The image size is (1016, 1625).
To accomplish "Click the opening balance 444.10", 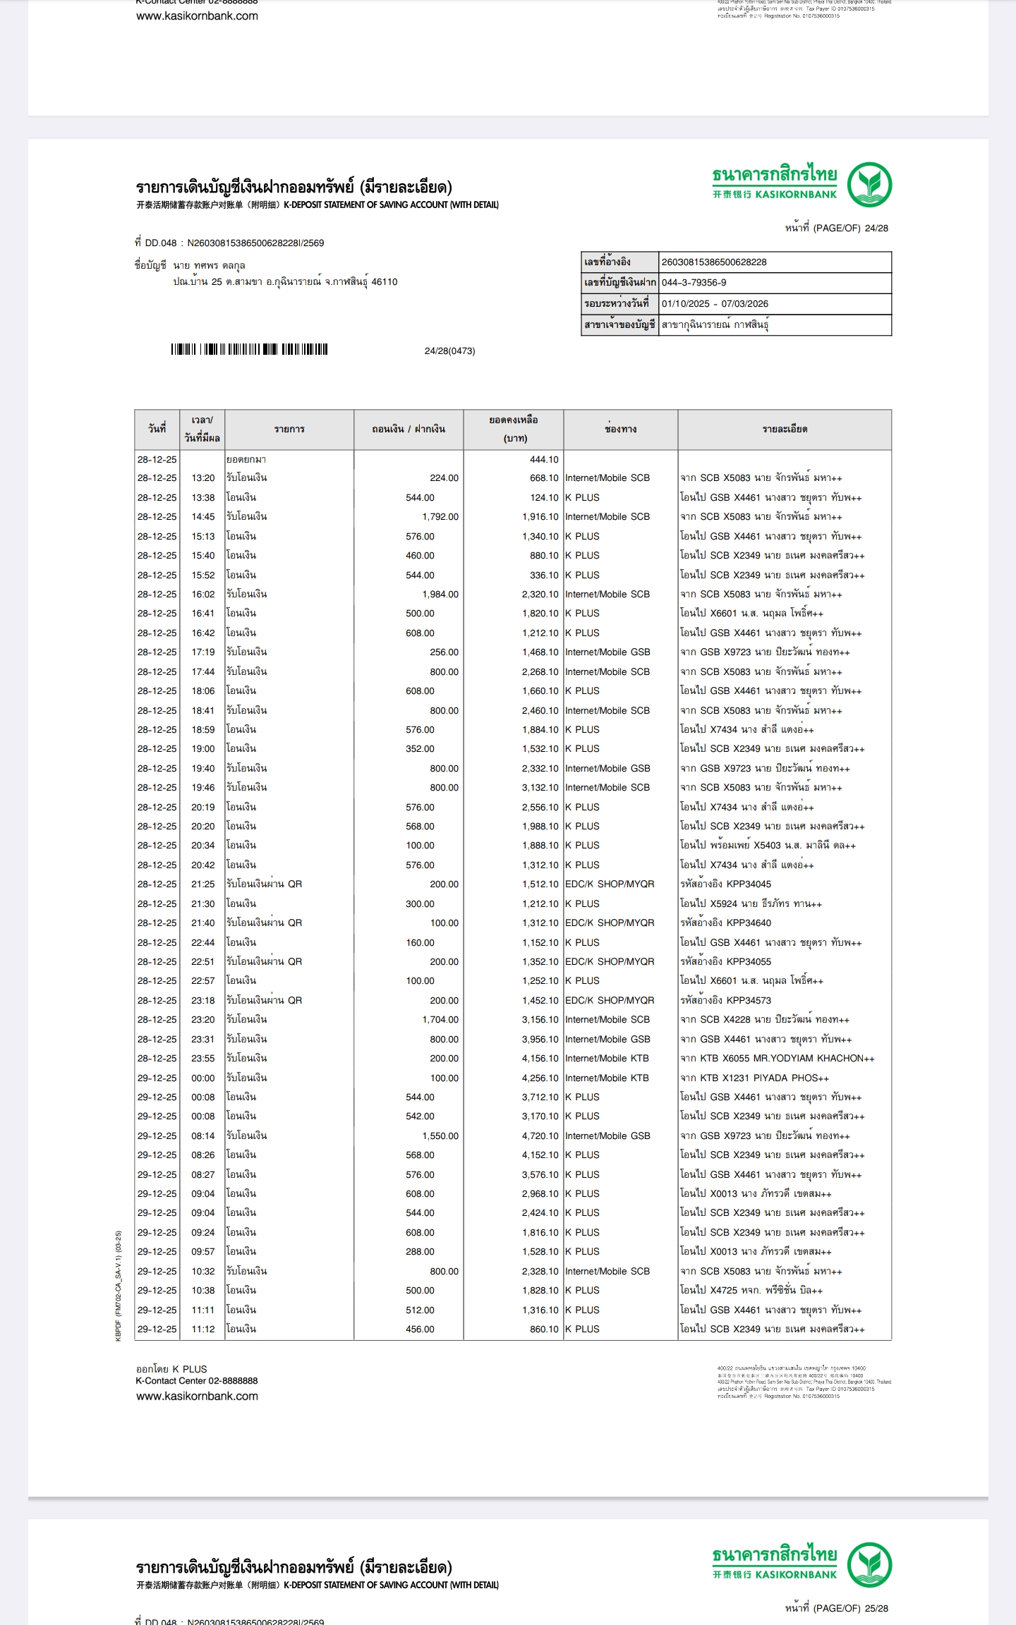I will pyautogui.click(x=543, y=459).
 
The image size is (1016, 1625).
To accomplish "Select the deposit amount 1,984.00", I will pyautogui.click(x=440, y=595).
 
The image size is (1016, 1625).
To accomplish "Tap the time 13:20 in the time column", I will pyautogui.click(x=203, y=478).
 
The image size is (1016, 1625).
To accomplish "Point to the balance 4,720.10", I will pyautogui.click(x=540, y=1136).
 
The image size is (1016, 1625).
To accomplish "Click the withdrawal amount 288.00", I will pyautogui.click(x=420, y=1252).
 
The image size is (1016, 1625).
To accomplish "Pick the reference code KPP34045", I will pyautogui.click(x=749, y=884).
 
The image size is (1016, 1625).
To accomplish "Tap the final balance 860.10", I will pyautogui.click(x=543, y=1329).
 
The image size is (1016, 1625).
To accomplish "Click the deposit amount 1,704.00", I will pyautogui.click(x=440, y=1020).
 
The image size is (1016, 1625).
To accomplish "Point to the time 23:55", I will pyautogui.click(x=203, y=1059).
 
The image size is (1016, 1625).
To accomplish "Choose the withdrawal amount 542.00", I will pyautogui.click(x=420, y=1116).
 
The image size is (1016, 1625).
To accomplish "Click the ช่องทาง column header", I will pyautogui.click(x=620, y=429).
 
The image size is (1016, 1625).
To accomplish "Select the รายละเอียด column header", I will pyautogui.click(x=785, y=429).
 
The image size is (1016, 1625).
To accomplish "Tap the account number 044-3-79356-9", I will pyautogui.click(x=694, y=283).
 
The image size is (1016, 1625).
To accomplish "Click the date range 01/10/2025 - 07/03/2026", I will pyautogui.click(x=715, y=304).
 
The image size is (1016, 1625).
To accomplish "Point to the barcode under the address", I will pyautogui.click(x=249, y=349).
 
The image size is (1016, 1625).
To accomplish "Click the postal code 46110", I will pyautogui.click(x=385, y=282).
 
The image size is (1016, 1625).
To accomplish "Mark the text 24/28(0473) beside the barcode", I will pyautogui.click(x=449, y=351).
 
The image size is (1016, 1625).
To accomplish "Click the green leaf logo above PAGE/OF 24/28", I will pyautogui.click(x=869, y=184).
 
